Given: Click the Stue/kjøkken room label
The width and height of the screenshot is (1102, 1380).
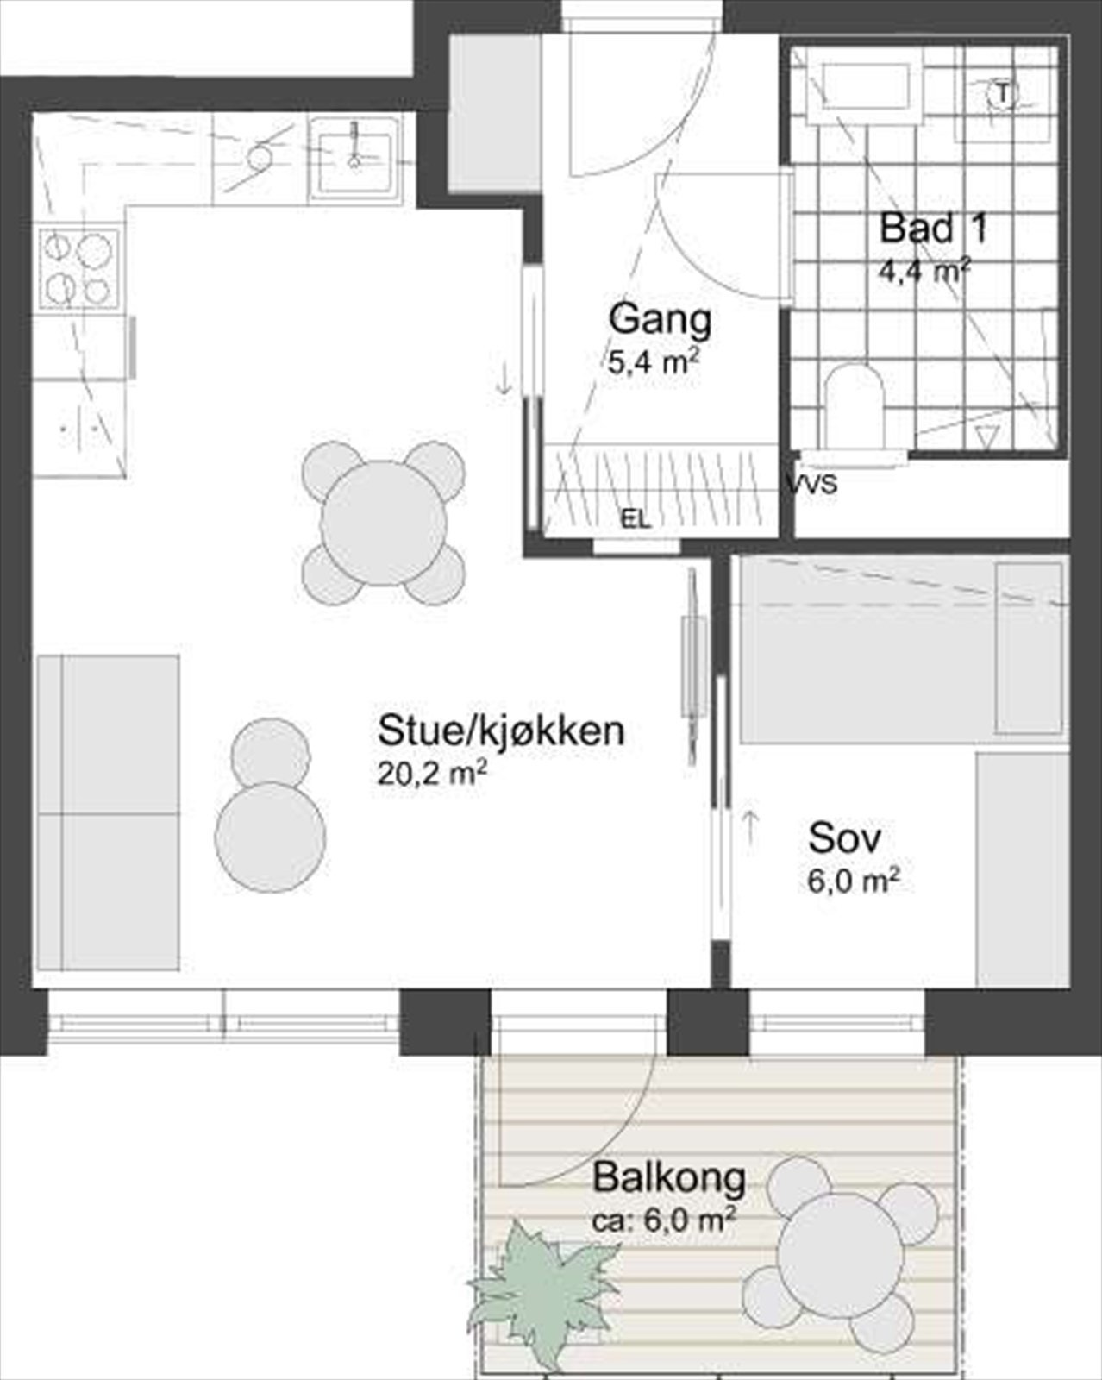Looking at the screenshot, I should (x=500, y=731).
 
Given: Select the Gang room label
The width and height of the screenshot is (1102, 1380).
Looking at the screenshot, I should (x=660, y=319).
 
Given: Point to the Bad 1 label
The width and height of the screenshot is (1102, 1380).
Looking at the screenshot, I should (x=932, y=229).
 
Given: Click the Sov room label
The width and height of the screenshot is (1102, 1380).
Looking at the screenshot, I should (x=844, y=837).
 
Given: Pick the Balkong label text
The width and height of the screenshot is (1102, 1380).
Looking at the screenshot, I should (x=669, y=1177).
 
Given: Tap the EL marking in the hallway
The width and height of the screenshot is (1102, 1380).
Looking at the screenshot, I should (x=636, y=519).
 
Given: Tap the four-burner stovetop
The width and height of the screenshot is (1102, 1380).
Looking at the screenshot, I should (x=78, y=267).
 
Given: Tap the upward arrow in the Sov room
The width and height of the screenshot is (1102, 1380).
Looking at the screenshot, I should (x=750, y=827).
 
